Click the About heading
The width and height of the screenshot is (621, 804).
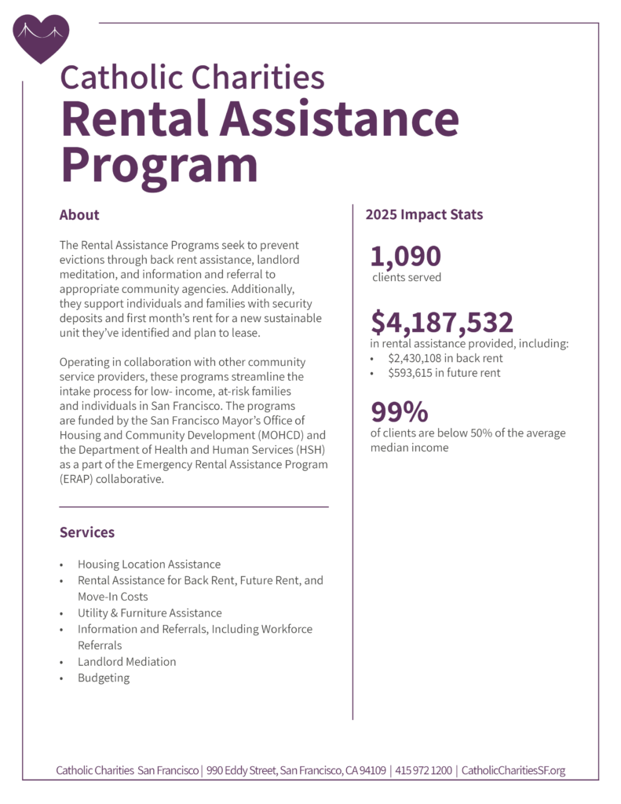click(x=79, y=214)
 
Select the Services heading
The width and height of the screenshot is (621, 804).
click(x=87, y=532)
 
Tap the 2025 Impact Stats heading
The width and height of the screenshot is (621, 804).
click(x=424, y=214)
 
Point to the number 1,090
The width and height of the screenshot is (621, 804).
click(x=406, y=256)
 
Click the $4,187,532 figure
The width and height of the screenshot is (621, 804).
click(x=442, y=322)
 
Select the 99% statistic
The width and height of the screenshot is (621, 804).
click(x=400, y=412)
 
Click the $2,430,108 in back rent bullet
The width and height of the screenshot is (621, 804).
click(x=445, y=357)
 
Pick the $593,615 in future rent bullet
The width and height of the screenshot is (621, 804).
click(x=444, y=373)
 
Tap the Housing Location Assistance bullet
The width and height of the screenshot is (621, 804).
click(x=148, y=565)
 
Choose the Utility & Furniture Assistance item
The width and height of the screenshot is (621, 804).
click(x=149, y=612)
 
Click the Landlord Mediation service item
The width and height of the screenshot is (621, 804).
click(x=126, y=661)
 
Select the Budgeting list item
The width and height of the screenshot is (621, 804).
click(x=104, y=678)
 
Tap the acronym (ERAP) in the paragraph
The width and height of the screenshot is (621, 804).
click(x=80, y=481)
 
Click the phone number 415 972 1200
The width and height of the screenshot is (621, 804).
click(x=424, y=770)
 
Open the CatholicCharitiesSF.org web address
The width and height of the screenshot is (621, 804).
click(x=513, y=770)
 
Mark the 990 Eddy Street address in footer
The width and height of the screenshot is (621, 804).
click(x=296, y=770)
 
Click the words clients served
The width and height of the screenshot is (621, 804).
click(x=407, y=277)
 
